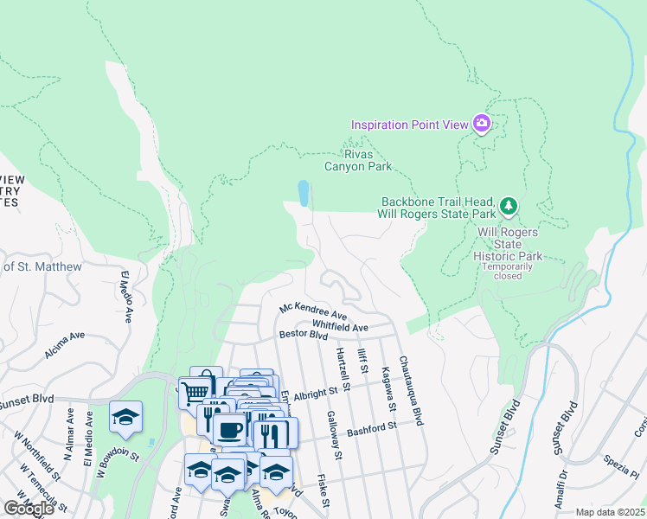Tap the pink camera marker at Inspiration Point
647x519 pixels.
point(482,124)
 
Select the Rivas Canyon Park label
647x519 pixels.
point(357,160)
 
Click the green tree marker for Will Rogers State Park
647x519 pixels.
point(509,206)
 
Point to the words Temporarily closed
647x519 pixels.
point(508,271)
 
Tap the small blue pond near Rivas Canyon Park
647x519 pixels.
point(303,193)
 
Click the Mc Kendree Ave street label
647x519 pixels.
point(312,310)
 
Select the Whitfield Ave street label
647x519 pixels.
point(340,326)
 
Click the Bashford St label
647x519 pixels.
point(371,428)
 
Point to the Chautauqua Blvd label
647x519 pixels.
point(410,391)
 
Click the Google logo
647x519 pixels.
point(28,509)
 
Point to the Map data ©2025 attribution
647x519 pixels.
point(610,512)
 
